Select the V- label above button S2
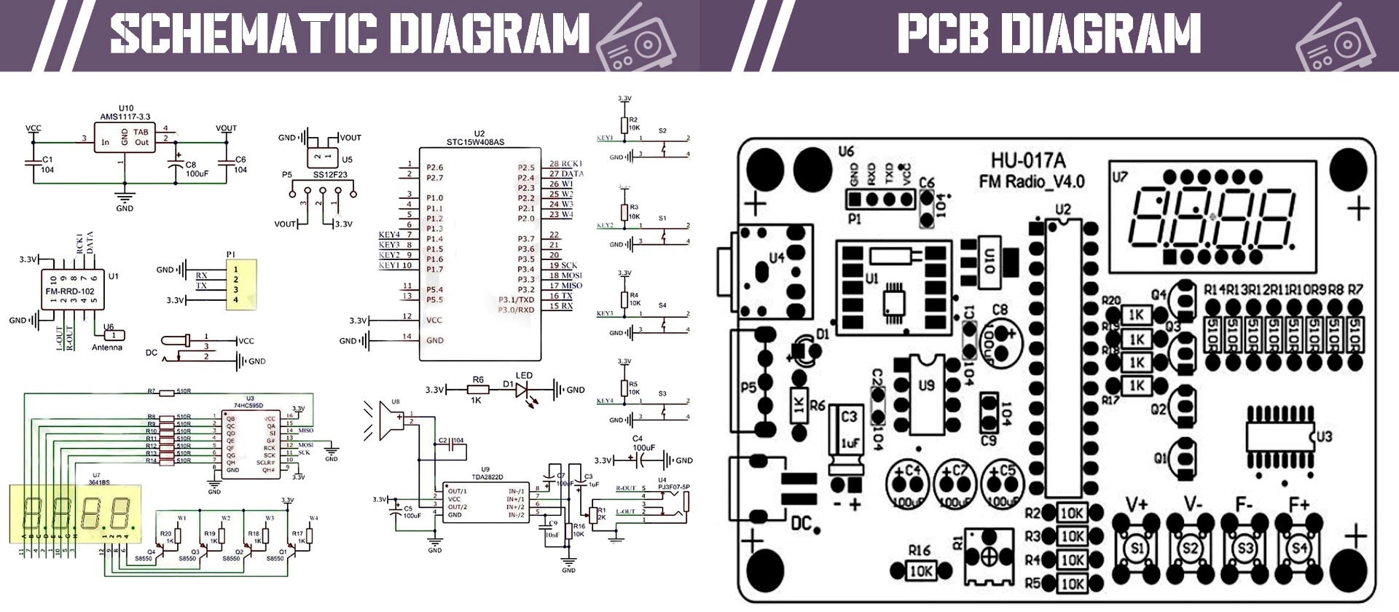tap(1192, 504)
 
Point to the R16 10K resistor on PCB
tap(920, 571)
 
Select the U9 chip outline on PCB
tap(926, 393)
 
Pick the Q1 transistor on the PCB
tap(1183, 458)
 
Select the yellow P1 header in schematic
tap(241, 284)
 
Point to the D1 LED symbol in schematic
tap(522, 390)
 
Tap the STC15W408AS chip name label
tap(475, 142)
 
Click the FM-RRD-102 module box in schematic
tap(70, 291)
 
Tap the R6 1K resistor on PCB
tap(799, 405)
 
